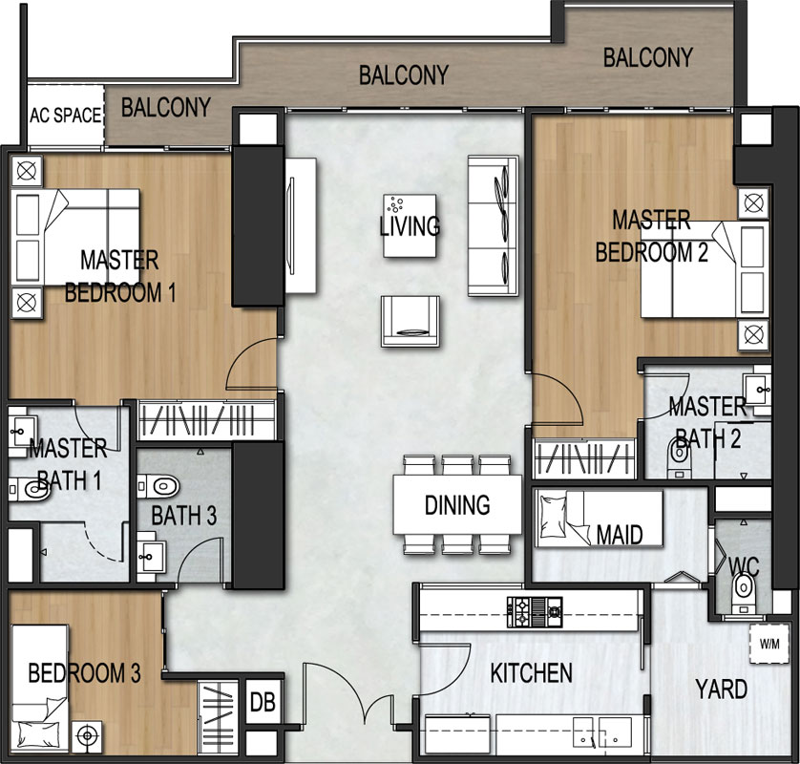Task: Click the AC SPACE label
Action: coord(65,116)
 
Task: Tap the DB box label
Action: coord(263,702)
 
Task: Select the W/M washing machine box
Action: coord(769,644)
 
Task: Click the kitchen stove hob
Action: coord(535,612)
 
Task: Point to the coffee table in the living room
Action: coord(410,225)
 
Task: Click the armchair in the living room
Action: coord(411,321)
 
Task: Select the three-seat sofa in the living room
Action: coord(494,225)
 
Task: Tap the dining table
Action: coord(457,504)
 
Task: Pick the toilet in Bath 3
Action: coord(158,486)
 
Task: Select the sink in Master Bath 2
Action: coord(757,390)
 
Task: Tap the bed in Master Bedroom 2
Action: coord(705,269)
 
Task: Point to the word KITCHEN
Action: coord(531,673)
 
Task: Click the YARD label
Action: coord(722,690)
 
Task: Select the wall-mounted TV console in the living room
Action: coord(300,225)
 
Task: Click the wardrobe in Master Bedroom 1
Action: coord(206,420)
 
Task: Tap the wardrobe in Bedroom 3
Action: coord(218,716)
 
